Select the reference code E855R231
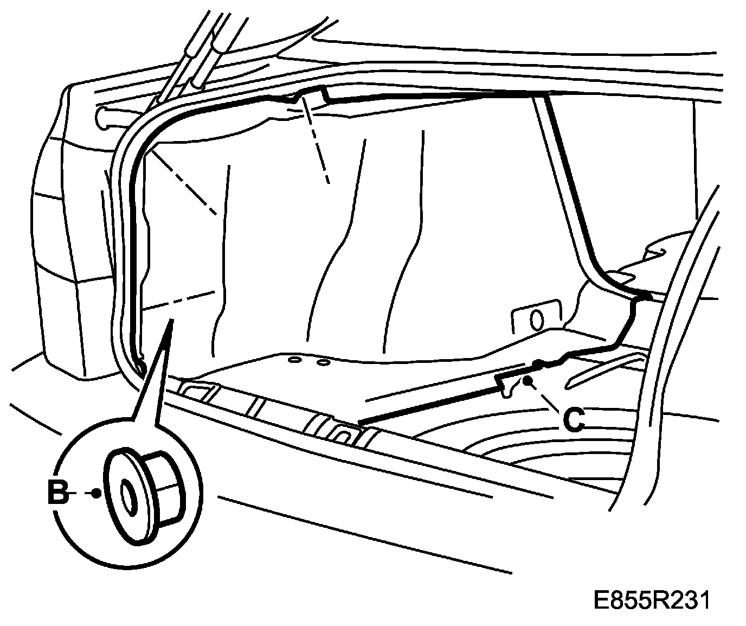[651, 601]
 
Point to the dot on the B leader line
[97, 494]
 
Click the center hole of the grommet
[128, 496]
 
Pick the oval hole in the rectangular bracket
[536, 320]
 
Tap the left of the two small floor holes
[295, 360]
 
